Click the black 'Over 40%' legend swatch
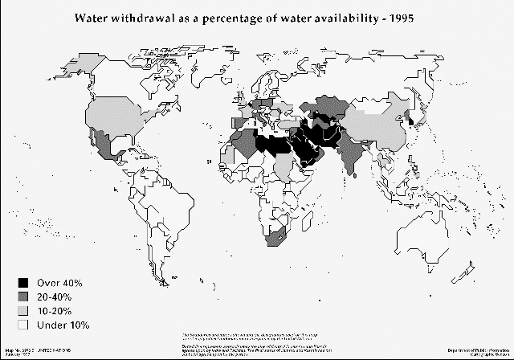pyautogui.click(x=24, y=284)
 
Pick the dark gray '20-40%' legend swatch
pyautogui.click(x=24, y=297)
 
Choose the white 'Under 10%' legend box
pyautogui.click(x=24, y=325)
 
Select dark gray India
pyautogui.click(x=350, y=157)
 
